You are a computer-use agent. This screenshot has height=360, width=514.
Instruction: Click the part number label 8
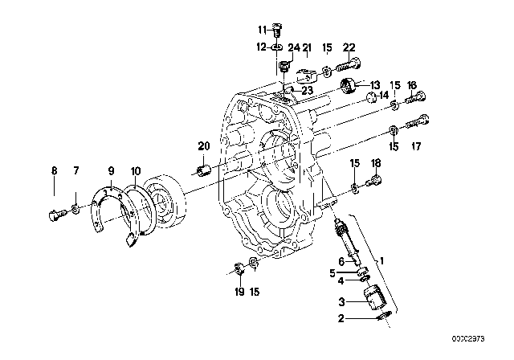coord(55,170)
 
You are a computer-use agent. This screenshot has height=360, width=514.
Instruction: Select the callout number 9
coord(112,170)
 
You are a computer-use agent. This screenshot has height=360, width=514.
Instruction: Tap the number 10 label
coord(136,170)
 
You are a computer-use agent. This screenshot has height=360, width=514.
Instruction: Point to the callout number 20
coord(203,145)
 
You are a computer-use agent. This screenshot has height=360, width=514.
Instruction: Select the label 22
coord(349,48)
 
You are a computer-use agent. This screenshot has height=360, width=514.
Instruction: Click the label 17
coord(416,146)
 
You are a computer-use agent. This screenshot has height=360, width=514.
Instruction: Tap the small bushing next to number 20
coord(204,170)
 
